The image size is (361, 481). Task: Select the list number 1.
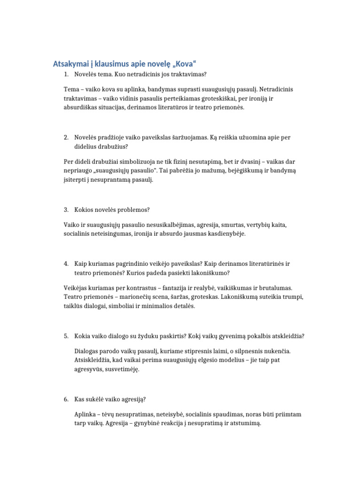[66, 75]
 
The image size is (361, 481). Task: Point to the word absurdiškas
[83, 107]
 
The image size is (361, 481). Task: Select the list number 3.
[66, 209]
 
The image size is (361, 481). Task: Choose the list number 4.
[66, 264]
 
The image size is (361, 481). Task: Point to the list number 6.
[66, 399]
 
